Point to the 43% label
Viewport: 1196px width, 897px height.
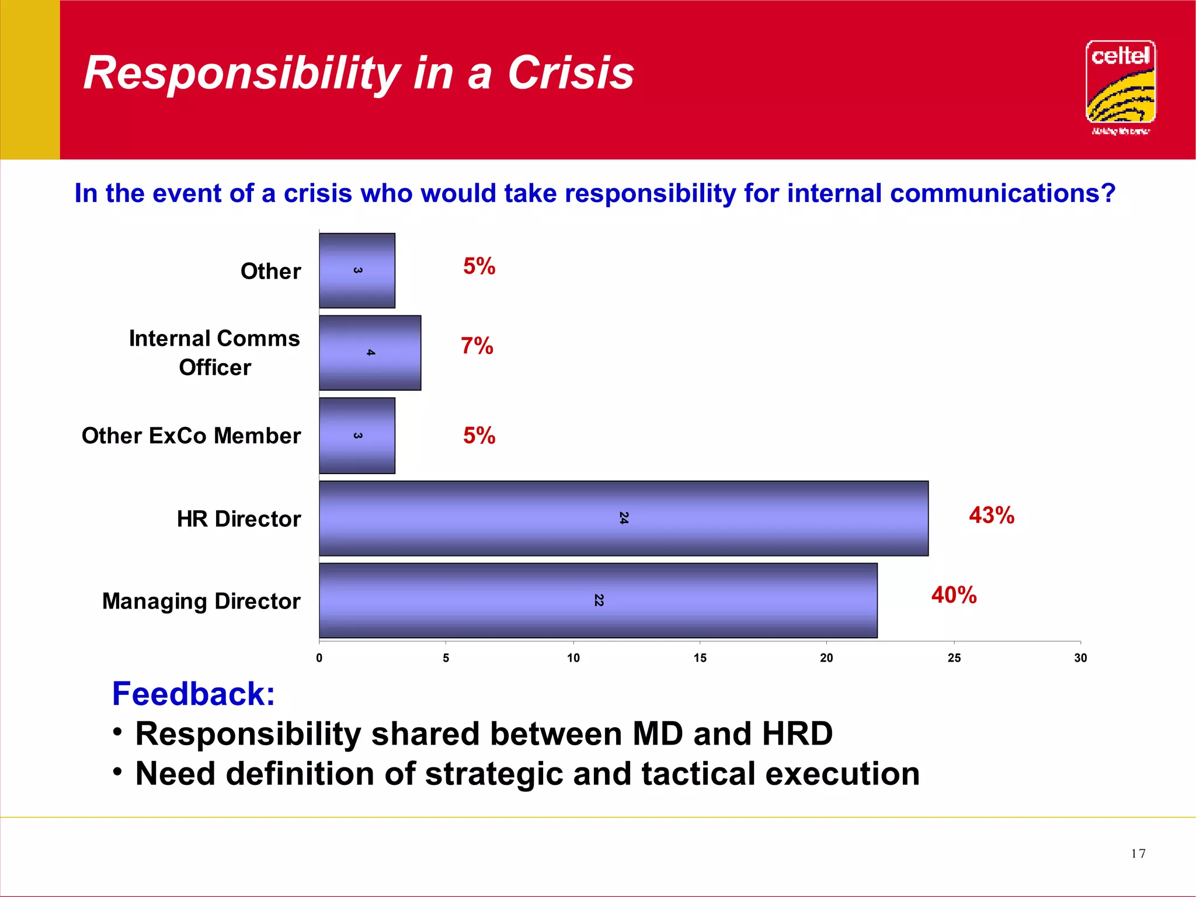click(991, 515)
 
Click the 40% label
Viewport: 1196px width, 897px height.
click(954, 595)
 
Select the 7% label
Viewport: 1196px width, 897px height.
click(477, 346)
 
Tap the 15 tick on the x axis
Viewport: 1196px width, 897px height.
click(700, 658)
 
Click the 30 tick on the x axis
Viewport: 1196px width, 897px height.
click(1080, 658)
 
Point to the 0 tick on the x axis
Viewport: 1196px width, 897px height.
click(319, 658)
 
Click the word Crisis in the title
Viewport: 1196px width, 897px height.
click(571, 73)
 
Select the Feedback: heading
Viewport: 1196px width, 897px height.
click(193, 694)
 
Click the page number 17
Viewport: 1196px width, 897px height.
click(1138, 854)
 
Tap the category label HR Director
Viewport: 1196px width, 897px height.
click(239, 519)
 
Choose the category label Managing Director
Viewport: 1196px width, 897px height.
click(201, 601)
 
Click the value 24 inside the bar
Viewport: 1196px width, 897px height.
click(624, 518)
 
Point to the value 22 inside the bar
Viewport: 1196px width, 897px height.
click(599, 600)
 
